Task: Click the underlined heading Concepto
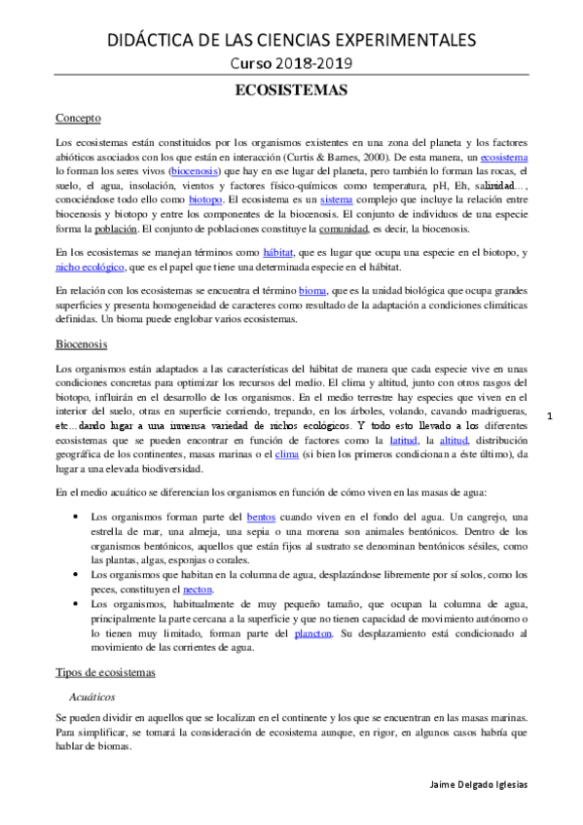[79, 119]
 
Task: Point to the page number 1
[550, 417]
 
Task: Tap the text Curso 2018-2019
[291, 63]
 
